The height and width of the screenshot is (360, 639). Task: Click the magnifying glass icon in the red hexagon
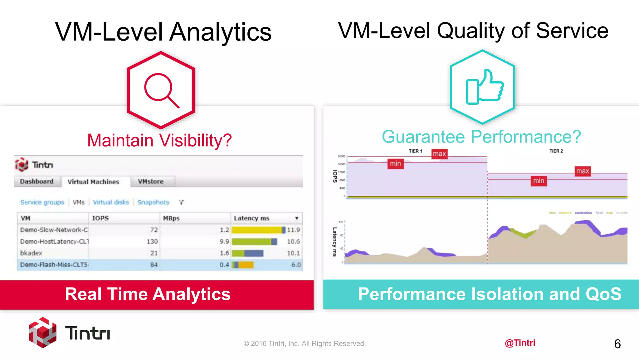[161, 90]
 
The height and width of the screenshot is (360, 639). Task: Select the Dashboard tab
[37, 182]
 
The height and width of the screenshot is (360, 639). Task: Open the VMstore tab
[151, 182]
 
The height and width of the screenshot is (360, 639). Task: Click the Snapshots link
[153, 202]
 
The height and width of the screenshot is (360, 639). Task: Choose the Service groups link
[42, 202]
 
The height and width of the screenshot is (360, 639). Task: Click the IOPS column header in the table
[100, 218]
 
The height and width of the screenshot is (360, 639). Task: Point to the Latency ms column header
[251, 218]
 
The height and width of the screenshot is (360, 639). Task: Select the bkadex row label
[31, 253]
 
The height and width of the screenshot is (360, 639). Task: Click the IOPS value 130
[152, 242]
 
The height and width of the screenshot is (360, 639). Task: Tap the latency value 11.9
[293, 230]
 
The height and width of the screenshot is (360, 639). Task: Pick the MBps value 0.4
[224, 265]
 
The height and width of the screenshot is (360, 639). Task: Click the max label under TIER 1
[439, 154]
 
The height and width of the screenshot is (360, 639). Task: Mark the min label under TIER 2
[539, 181]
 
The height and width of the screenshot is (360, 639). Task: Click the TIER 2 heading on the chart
[556, 151]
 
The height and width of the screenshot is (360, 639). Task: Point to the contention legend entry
[583, 213]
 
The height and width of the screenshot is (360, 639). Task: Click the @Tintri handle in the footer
[520, 343]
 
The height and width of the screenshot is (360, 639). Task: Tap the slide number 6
[617, 344]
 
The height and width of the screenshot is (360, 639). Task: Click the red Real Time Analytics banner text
[148, 294]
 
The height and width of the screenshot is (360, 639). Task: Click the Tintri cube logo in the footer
[43, 332]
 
